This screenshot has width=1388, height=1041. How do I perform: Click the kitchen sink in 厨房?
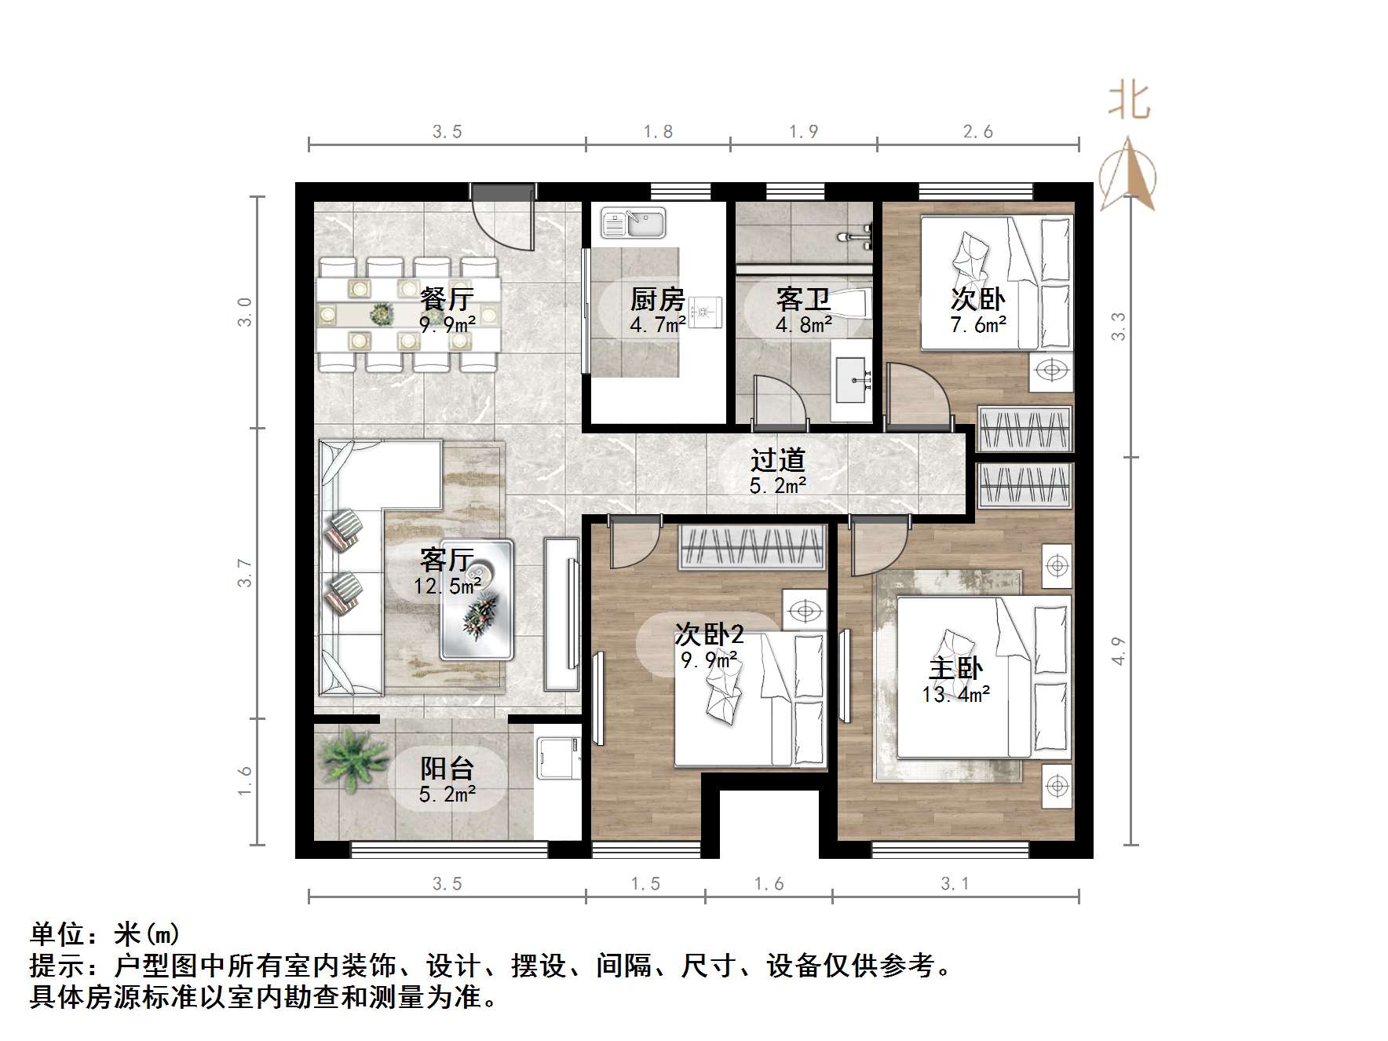[x=633, y=223]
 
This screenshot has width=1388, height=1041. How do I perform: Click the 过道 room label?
[x=777, y=460]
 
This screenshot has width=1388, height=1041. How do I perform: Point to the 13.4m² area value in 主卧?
[x=955, y=695]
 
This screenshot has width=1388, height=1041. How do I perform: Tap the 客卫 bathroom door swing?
[x=777, y=400]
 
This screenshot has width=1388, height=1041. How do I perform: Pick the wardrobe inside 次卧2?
[x=752, y=546]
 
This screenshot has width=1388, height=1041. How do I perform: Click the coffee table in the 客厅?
[x=477, y=599]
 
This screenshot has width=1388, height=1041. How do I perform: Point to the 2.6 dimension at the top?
[x=977, y=132]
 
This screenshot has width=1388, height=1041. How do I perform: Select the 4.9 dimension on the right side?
[x=1119, y=651]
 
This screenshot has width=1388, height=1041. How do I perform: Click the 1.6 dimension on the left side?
[x=245, y=781]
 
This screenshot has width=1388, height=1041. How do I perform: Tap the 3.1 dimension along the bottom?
[x=955, y=884]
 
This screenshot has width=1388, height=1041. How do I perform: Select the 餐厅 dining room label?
[x=447, y=299]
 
